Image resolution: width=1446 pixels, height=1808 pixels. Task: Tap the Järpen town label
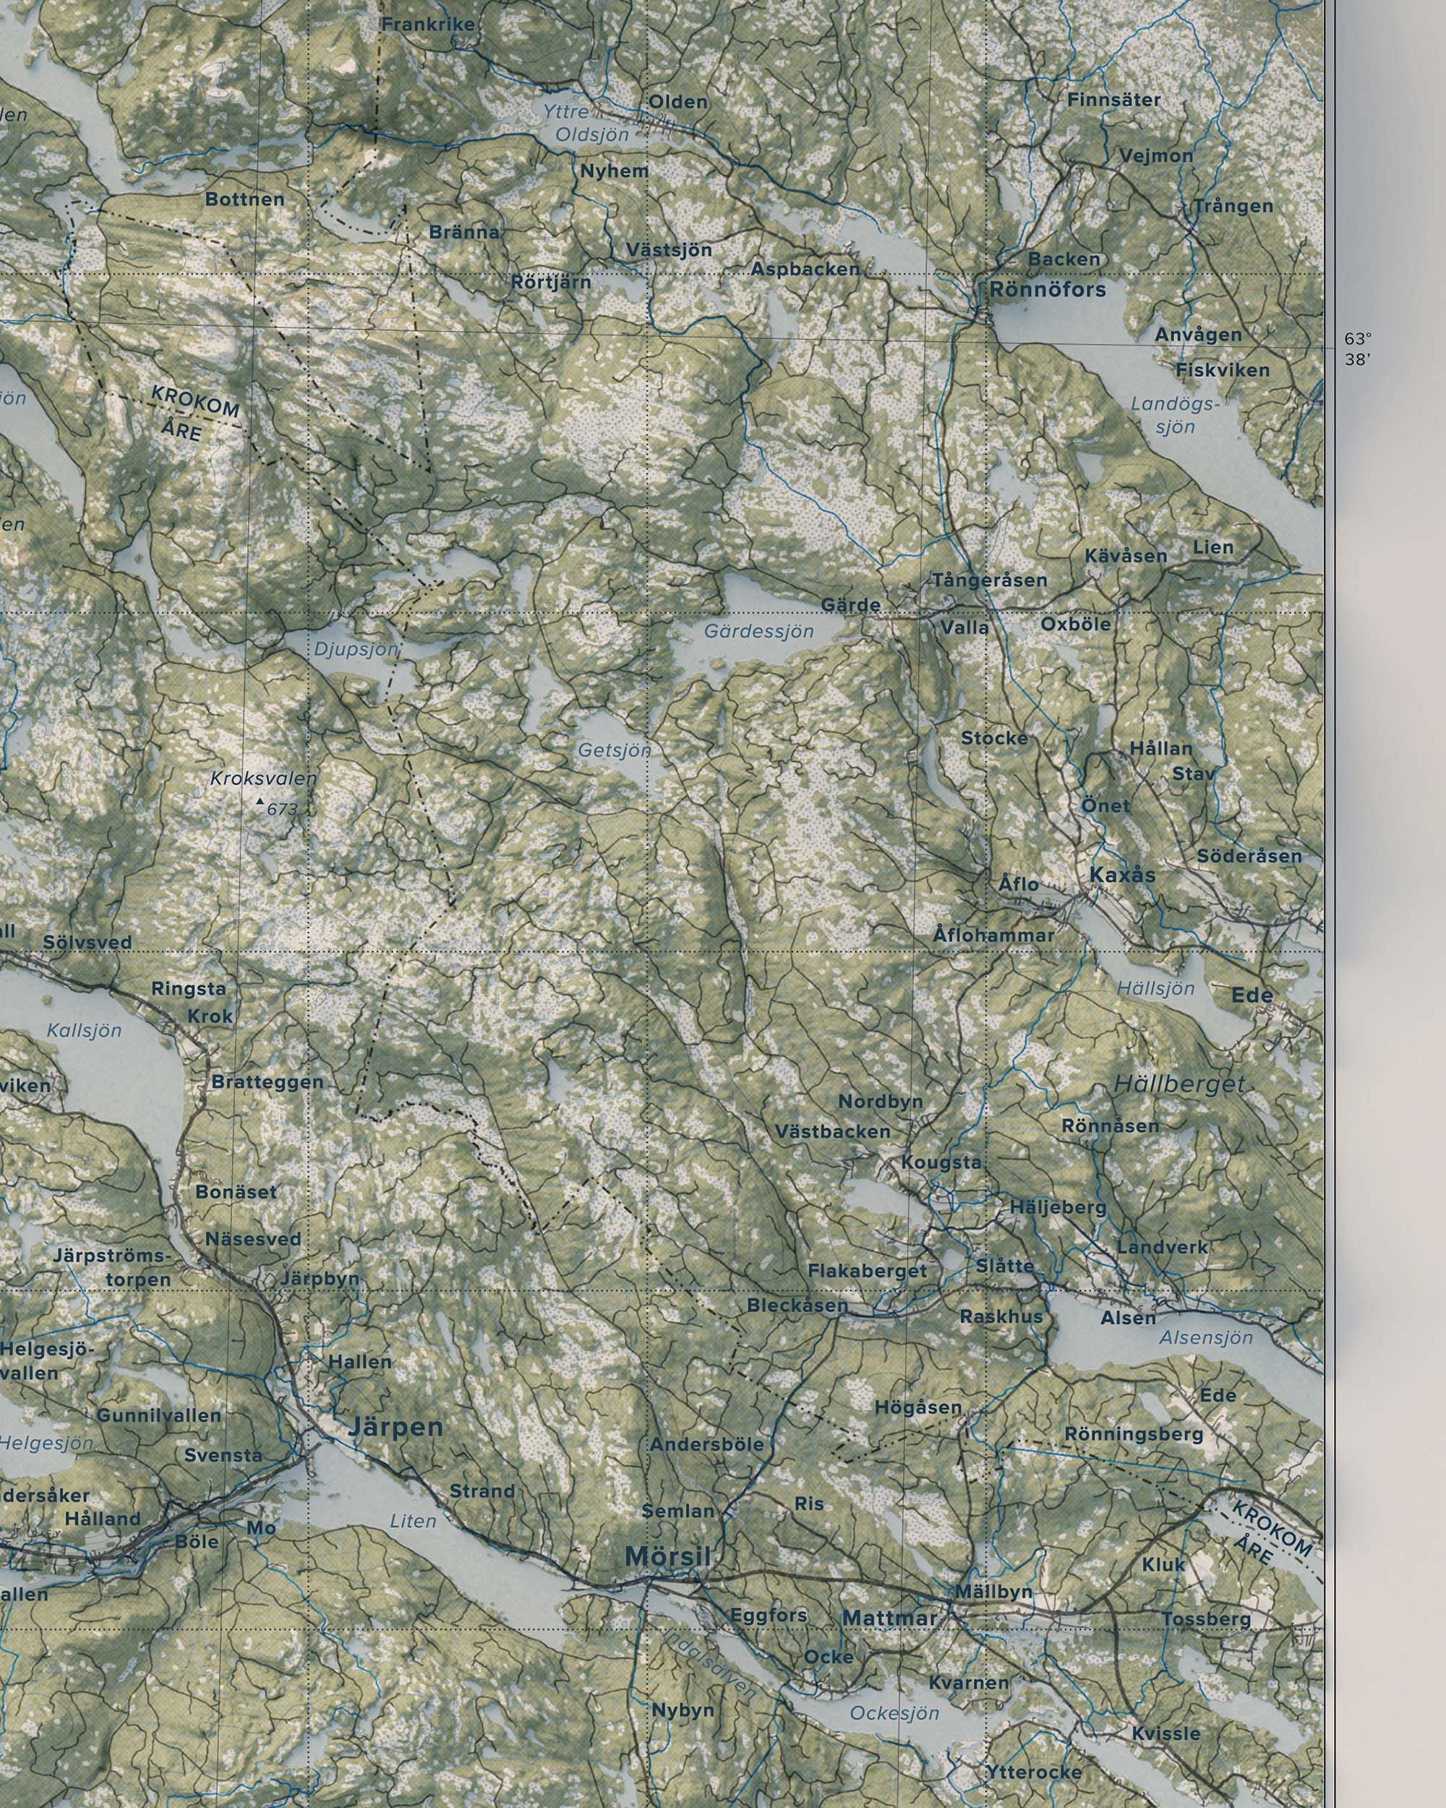tap(395, 1426)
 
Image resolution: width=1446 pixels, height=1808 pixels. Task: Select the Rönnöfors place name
tap(1048, 290)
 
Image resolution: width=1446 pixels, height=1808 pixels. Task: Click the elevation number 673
tap(283, 809)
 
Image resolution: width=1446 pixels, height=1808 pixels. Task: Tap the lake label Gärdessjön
tap(758, 631)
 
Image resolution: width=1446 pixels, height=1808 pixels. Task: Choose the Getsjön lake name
tap(614, 750)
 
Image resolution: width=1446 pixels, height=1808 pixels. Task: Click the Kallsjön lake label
tap(84, 1031)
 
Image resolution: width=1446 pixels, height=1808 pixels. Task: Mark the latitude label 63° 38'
tap(1358, 349)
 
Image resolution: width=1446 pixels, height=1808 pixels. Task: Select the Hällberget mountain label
tap(1179, 1084)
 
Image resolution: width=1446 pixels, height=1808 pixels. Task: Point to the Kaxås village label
tap(1122, 875)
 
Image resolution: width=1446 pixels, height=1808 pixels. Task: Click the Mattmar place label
tap(889, 1618)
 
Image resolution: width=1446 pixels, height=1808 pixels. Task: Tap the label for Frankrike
tap(428, 25)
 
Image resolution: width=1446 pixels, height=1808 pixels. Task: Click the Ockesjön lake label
tap(895, 1712)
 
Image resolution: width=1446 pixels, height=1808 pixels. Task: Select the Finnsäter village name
tap(1114, 100)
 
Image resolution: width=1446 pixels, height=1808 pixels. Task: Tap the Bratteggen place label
tap(267, 1081)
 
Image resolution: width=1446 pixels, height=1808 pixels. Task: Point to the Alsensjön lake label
tap(1206, 1337)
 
